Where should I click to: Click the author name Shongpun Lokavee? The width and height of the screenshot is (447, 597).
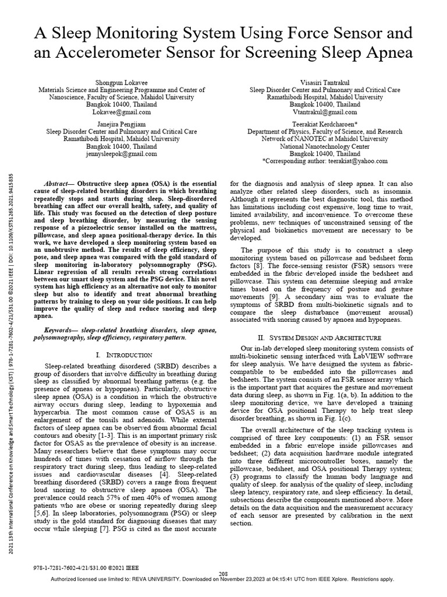coord(121,83)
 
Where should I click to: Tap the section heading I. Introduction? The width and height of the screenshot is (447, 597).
coord(125,355)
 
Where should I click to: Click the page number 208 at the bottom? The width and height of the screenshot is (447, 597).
coord(223,574)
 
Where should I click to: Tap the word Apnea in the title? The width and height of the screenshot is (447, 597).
coord(387,53)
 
